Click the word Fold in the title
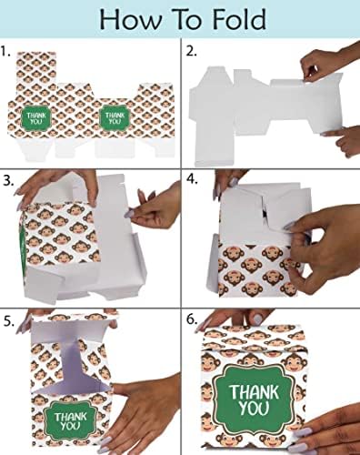coord(239,19)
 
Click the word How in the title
coord(130,19)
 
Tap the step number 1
coord(5,51)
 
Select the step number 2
coord(191,51)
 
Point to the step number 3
coord(8,181)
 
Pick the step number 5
coord(9,321)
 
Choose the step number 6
coord(192,319)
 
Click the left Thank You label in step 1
coord(35,118)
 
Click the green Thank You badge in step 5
coord(70,420)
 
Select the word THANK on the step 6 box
coord(254,392)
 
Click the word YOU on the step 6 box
coord(254,408)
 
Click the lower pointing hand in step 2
coord(343,140)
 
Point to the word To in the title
coord(186,19)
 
